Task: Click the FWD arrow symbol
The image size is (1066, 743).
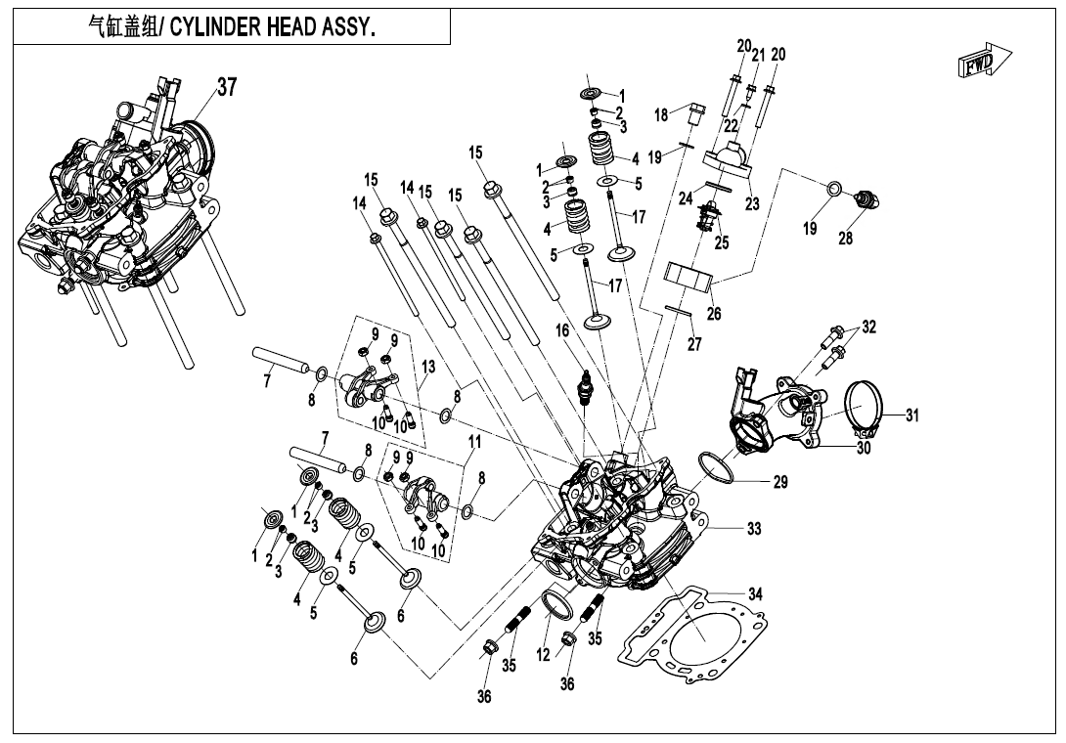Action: [984, 63]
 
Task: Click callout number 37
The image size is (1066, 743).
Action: [227, 87]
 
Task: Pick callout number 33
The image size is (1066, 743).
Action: [753, 529]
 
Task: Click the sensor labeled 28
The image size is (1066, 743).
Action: [866, 200]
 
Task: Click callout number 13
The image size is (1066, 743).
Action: [427, 366]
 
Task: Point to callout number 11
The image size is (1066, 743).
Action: [474, 442]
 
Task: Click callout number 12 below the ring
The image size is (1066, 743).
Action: [543, 656]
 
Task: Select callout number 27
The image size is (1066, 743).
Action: [693, 344]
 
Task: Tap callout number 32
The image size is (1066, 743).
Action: [868, 327]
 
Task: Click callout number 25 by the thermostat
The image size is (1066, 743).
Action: [721, 242]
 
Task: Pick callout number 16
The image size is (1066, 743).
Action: [562, 331]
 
